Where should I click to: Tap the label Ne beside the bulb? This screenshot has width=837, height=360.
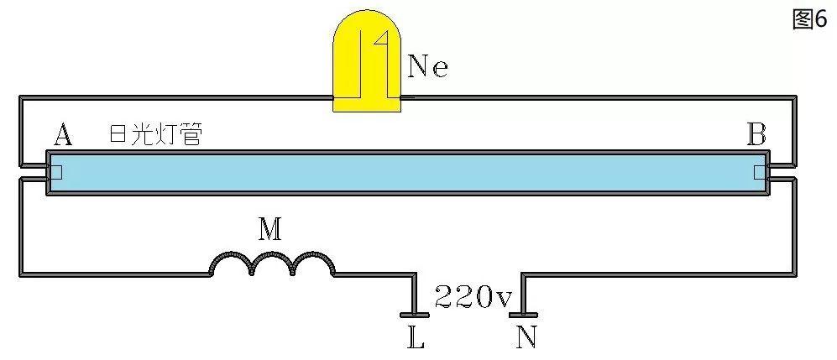(427, 66)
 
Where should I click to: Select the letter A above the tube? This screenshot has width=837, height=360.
(62, 133)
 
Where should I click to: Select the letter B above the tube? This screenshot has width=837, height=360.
(756, 133)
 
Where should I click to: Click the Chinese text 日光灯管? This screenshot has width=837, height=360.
(155, 134)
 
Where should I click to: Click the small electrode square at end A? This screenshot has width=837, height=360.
(55, 173)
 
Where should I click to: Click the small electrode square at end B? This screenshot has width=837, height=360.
(760, 173)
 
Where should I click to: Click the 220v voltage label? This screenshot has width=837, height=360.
(472, 296)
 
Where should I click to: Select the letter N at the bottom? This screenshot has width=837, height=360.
(526, 337)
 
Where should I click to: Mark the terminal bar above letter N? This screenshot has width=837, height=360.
(524, 315)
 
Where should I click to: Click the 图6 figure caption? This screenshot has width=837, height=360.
(810, 20)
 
